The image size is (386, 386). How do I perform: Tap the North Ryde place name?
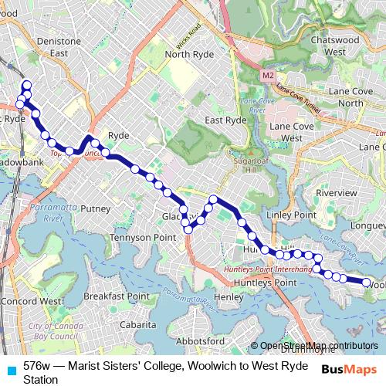[188, 54]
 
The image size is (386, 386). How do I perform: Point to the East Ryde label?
[225, 120]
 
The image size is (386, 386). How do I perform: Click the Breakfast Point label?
[117, 296]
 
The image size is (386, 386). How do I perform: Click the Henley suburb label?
[229, 296]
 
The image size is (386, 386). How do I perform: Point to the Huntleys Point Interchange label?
[267, 269]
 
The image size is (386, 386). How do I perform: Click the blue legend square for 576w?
[11, 365]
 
